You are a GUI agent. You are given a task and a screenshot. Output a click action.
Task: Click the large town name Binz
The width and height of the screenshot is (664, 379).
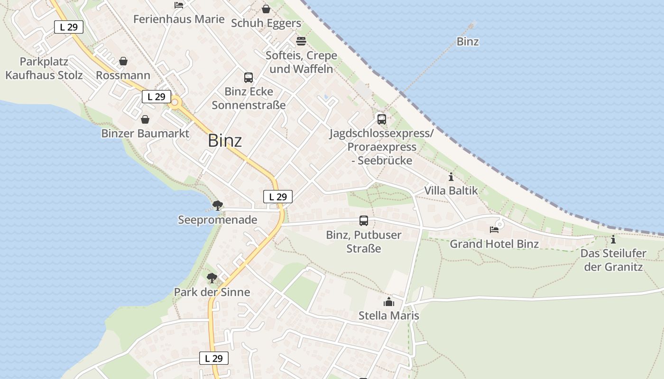coord(225,141)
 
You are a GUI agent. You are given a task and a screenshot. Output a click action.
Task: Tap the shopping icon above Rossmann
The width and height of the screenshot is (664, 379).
coord(123,61)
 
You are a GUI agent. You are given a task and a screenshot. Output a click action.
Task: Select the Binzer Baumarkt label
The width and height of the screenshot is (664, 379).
coord(145,134)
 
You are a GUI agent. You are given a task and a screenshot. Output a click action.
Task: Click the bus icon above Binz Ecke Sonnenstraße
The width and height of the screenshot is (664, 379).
coord(249,78)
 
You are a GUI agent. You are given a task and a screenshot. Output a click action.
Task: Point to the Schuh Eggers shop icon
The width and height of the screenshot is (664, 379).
coord(266,9)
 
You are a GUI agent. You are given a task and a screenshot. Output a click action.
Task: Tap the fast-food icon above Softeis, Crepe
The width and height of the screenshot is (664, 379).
coord(301,41)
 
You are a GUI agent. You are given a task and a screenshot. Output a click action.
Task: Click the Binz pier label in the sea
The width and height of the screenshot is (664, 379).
coord(468,42)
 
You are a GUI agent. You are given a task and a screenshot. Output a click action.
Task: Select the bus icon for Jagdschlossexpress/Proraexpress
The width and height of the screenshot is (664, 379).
coord(382,119)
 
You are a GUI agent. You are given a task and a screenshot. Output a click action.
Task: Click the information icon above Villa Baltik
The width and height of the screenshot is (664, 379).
coord(451,177)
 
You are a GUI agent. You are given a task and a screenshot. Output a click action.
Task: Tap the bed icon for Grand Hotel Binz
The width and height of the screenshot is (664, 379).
coord(494,230)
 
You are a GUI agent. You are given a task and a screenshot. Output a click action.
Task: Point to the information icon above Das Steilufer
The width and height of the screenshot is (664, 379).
coord(613,239)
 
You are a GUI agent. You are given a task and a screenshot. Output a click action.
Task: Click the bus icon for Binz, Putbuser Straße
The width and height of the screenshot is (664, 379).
coord(364,221)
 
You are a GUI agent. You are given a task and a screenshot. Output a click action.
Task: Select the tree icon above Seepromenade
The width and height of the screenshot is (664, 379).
coord(218,205)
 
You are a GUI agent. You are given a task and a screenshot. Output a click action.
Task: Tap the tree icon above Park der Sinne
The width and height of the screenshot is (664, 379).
coord(212,278)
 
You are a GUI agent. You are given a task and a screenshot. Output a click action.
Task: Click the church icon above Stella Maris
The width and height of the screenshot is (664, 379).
coord(389,302)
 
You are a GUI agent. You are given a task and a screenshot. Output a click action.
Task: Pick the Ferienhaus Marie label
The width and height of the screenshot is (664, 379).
coord(179,19)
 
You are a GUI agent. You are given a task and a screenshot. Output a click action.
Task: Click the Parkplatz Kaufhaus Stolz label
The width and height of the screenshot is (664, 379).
coord(44,68)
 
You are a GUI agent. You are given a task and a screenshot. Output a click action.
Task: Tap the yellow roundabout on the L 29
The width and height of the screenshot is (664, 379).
coord(175,102)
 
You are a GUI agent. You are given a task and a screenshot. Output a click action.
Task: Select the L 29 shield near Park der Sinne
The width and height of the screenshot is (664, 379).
coord(214,358)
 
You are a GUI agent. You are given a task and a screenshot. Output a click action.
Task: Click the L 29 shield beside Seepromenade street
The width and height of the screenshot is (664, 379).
coord(278,197)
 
